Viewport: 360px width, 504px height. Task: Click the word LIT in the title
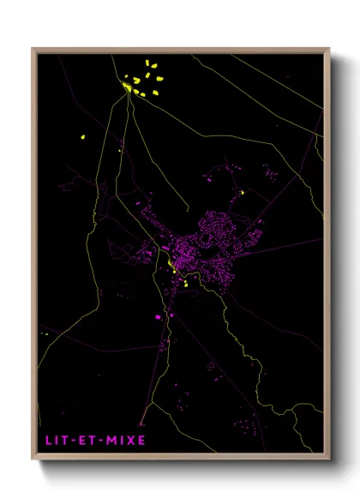[54, 441]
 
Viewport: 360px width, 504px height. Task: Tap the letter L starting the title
[48, 441]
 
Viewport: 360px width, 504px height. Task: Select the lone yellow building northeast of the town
[243, 192]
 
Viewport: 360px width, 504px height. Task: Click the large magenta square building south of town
[158, 317]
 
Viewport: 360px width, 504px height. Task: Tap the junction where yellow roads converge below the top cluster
[131, 95]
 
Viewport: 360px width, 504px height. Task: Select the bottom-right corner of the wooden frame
[329, 462]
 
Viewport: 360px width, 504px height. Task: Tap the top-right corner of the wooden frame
[329, 49]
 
